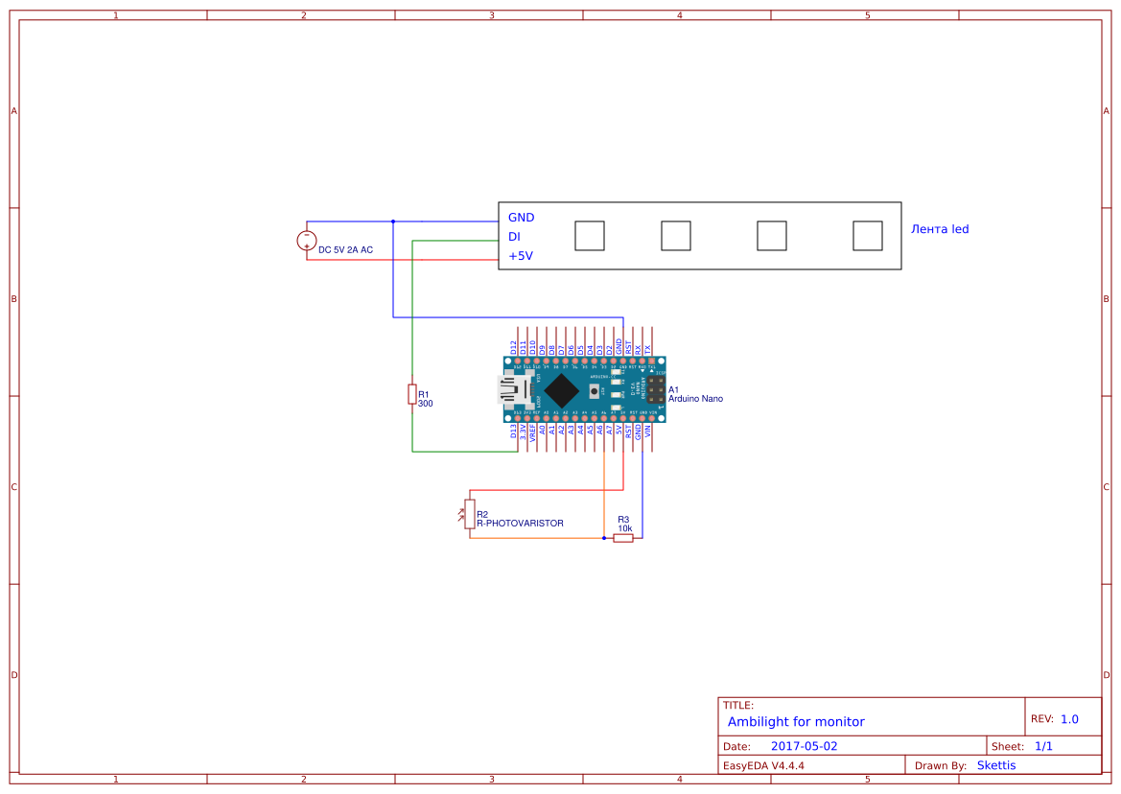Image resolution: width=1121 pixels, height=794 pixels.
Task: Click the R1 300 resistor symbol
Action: (x=412, y=394)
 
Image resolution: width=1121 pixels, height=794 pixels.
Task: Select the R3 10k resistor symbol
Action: (x=623, y=538)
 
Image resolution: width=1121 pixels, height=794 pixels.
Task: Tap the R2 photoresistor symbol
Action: (x=469, y=513)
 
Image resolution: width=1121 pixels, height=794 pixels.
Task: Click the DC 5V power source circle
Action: (x=307, y=241)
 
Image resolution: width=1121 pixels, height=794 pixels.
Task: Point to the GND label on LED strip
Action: (x=522, y=218)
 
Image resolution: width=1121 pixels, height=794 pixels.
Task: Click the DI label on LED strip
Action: (x=514, y=237)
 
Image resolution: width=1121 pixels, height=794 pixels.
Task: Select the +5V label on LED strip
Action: (x=521, y=256)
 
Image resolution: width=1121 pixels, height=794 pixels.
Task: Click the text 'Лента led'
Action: (x=940, y=229)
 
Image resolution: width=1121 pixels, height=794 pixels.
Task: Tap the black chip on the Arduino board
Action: (x=561, y=389)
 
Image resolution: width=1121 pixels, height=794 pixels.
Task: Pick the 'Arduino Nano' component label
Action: (x=695, y=398)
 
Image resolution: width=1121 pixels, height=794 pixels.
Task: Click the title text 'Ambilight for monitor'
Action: (x=796, y=721)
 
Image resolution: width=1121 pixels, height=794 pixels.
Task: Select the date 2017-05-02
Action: (x=804, y=746)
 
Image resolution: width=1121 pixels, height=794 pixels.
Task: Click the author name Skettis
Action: (x=995, y=765)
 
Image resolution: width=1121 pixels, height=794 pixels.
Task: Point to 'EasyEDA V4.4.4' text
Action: (x=763, y=765)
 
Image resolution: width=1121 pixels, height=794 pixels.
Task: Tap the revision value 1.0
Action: (x=1069, y=718)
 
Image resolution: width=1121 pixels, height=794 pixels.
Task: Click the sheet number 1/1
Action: (x=1043, y=746)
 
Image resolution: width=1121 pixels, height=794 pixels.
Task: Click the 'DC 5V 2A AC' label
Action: (x=345, y=249)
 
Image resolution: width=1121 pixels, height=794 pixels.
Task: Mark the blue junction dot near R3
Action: (x=604, y=538)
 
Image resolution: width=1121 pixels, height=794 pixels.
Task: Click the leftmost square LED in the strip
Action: (x=590, y=236)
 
